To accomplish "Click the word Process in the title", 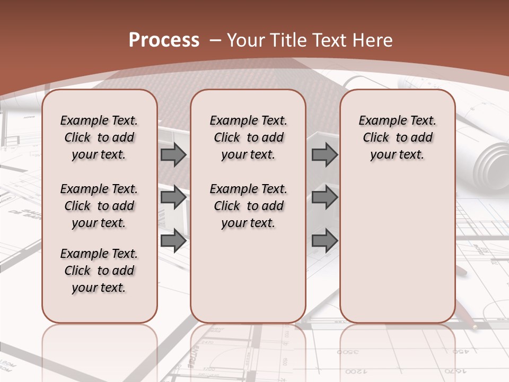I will click(x=164, y=40).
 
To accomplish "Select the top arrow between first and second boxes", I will click(x=173, y=154).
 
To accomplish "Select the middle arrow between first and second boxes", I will click(x=173, y=198).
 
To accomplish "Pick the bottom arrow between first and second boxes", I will click(x=173, y=241).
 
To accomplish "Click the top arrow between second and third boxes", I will click(x=324, y=154).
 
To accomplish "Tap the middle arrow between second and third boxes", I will click(x=324, y=198).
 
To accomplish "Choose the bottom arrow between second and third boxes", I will click(x=324, y=241).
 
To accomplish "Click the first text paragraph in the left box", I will click(x=99, y=137).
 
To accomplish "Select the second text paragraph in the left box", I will click(x=99, y=206).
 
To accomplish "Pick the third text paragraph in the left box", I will click(x=99, y=271).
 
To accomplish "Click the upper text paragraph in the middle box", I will click(x=248, y=137).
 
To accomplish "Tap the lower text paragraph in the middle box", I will click(x=248, y=206).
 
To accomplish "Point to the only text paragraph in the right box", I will click(x=397, y=137).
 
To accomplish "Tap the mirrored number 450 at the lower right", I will click(x=460, y=352).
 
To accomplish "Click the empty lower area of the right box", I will click(x=397, y=249).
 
